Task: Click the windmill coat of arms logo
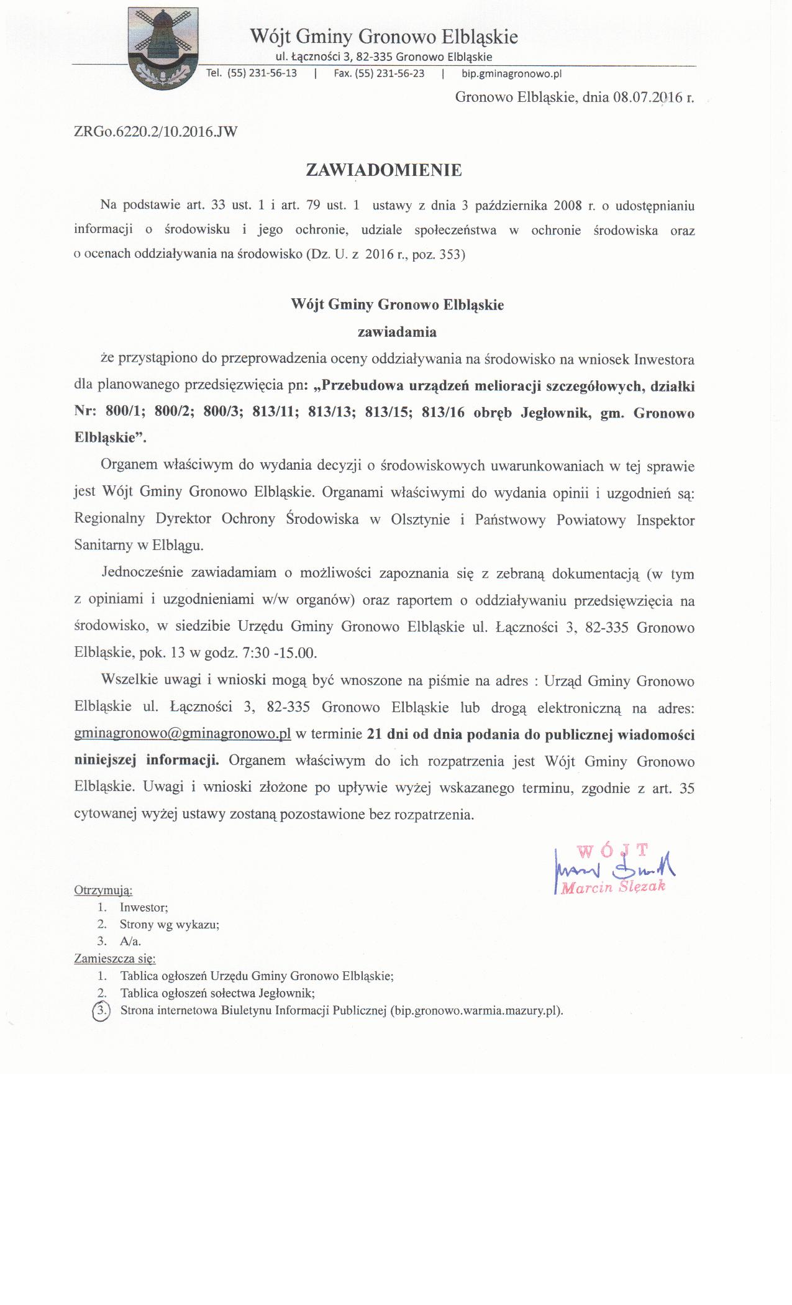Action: [x=163, y=48]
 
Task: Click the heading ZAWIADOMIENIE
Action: [x=384, y=170]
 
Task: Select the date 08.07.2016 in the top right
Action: [x=646, y=98]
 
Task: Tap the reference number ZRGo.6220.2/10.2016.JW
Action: [x=155, y=132]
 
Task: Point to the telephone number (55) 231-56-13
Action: [x=262, y=73]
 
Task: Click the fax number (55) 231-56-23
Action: [x=389, y=73]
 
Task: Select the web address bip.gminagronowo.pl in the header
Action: [x=511, y=73]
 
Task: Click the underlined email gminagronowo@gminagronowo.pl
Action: [x=183, y=734]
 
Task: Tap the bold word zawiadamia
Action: [x=398, y=332]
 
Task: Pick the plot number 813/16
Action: [x=443, y=413]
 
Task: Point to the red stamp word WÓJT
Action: [x=612, y=849]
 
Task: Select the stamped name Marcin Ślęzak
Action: [x=613, y=887]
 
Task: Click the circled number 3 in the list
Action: [x=100, y=1010]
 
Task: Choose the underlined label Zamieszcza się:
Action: [x=115, y=958]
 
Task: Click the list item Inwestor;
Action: [x=144, y=907]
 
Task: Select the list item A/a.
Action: [x=130, y=941]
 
